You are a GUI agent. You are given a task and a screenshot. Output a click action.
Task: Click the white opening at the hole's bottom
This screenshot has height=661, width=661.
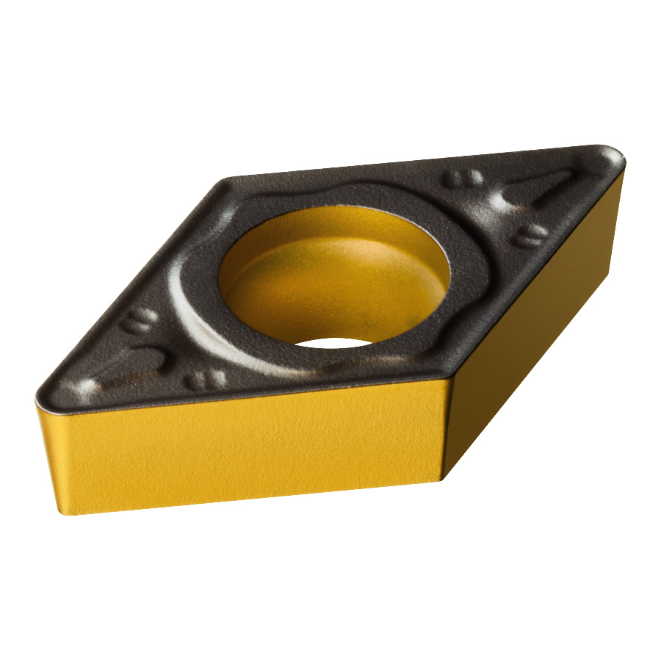[334, 342]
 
